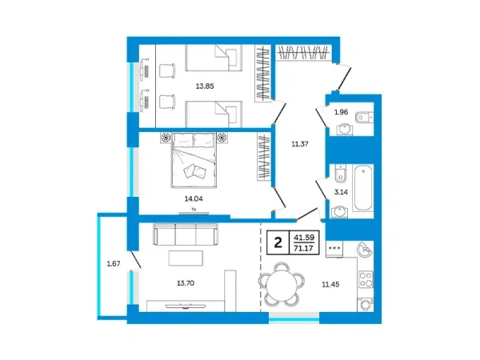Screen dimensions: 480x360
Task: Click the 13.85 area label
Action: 205,86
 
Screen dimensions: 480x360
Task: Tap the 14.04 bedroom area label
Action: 194,198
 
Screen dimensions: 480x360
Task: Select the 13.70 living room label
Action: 186,283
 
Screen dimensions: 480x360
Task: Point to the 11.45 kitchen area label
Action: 330,284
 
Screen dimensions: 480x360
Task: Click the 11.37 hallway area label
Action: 300,144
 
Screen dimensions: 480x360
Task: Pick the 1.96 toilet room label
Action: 341,112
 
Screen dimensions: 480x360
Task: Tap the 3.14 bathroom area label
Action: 341,192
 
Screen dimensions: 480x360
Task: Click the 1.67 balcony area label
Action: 114,263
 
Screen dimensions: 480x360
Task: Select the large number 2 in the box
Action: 278,242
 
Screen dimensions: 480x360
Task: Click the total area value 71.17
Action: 303,248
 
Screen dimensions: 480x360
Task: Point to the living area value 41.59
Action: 304,238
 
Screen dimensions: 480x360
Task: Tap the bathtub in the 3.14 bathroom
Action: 363,188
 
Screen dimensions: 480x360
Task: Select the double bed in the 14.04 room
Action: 194,160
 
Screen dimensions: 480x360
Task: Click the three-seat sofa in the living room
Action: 186,234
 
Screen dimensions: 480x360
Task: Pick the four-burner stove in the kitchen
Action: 366,279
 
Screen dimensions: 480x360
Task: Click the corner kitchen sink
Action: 365,250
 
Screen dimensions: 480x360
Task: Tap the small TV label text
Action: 194,210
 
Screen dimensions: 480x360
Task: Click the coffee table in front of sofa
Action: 186,258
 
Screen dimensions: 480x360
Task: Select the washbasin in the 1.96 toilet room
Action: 345,129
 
